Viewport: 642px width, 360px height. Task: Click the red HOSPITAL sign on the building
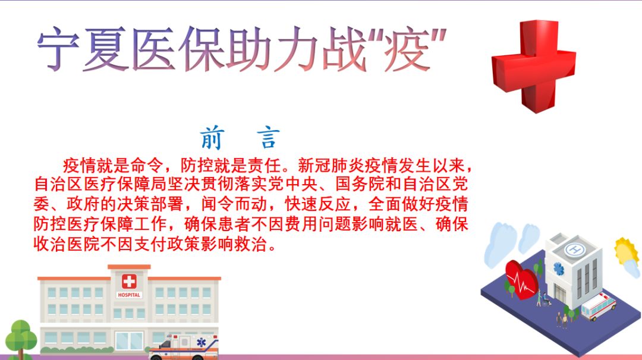click(x=129, y=295)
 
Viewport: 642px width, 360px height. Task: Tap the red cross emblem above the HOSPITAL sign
click(x=129, y=282)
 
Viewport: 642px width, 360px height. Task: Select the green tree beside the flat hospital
click(x=20, y=339)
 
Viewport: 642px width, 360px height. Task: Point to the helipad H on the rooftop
click(x=574, y=248)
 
